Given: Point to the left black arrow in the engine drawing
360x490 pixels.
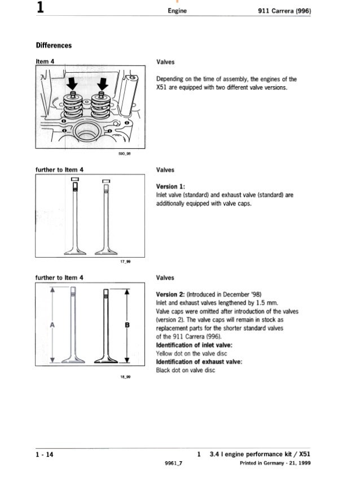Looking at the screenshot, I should pyautogui.click(x=72, y=83).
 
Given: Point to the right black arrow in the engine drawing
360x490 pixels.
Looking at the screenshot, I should pyautogui.click(x=102, y=83).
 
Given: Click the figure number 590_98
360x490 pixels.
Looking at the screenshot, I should pyautogui.click(x=124, y=153).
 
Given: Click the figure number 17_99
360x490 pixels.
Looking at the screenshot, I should pyautogui.click(x=124, y=261).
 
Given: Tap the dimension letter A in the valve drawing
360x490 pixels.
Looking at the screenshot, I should pyautogui.click(x=52, y=325).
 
